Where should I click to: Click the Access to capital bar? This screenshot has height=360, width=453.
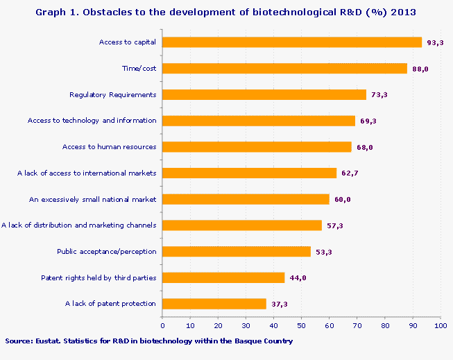tap(291, 42)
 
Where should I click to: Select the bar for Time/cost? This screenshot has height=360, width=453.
tap(284, 69)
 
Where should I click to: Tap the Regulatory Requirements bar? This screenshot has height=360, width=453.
tap(264, 94)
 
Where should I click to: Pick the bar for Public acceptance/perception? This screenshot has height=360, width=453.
tap(236, 251)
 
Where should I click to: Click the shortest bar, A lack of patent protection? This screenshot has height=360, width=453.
tap(214, 303)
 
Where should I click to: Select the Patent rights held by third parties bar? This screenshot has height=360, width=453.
tap(223, 277)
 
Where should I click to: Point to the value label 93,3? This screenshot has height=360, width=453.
tap(435, 42)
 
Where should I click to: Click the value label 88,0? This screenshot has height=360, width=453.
tap(420, 69)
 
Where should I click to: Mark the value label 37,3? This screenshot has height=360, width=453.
tap(280, 304)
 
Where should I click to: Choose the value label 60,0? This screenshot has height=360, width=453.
tap(342, 199)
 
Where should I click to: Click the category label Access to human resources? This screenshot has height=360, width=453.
tap(109, 146)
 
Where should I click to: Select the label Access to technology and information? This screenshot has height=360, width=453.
tap(92, 121)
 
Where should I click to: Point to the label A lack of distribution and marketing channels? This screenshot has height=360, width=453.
tap(79, 225)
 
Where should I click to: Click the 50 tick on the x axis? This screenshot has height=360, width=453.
tap(301, 325)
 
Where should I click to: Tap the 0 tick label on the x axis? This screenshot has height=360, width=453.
tap(162, 325)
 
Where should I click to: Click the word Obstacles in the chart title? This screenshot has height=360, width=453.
tap(105, 12)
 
